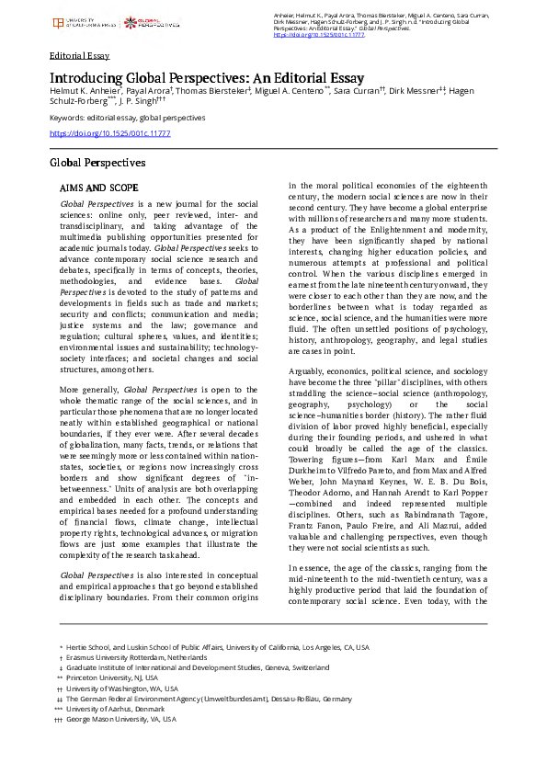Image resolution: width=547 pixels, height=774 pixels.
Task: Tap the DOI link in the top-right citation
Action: point(313,34)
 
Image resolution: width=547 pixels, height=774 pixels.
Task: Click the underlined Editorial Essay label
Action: point(79,55)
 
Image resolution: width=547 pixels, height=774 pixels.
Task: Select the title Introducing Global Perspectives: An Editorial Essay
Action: point(207,78)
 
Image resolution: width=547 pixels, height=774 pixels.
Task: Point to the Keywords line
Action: point(127,119)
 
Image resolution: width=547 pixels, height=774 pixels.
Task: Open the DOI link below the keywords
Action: point(109,133)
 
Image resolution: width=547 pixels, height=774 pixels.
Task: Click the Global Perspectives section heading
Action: point(97,163)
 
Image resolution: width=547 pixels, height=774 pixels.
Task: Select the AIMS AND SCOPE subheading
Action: point(99,187)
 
